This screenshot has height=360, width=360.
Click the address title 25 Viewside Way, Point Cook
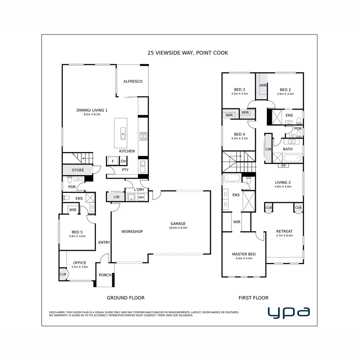tap(188, 53)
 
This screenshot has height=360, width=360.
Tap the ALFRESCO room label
tap(133, 81)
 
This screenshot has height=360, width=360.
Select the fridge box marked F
tap(113, 161)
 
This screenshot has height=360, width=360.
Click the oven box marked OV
tap(123, 161)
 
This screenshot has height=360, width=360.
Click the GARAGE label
tap(178, 224)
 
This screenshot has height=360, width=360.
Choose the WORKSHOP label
tap(132, 231)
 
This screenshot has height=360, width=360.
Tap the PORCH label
tap(105, 275)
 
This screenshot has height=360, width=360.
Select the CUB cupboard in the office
tap(63, 274)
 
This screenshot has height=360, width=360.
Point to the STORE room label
tap(78, 170)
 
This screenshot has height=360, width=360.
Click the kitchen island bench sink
tap(123, 133)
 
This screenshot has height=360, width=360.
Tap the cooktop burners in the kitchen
tap(143, 136)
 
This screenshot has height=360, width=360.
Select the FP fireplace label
tap(284, 165)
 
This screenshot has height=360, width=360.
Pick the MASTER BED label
tap(244, 254)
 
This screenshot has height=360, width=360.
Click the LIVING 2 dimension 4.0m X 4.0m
tap(283, 187)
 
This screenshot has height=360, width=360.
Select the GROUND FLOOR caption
tap(126, 298)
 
